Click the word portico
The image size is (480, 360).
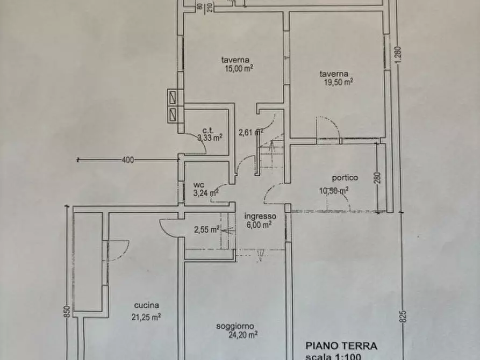345,178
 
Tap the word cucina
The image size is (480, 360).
147,305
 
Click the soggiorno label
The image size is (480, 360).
235,326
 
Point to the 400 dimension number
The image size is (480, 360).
127,160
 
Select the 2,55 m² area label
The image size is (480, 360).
206,230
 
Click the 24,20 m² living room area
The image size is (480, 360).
241,334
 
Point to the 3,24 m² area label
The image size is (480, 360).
205,193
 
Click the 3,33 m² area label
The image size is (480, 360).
210,138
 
